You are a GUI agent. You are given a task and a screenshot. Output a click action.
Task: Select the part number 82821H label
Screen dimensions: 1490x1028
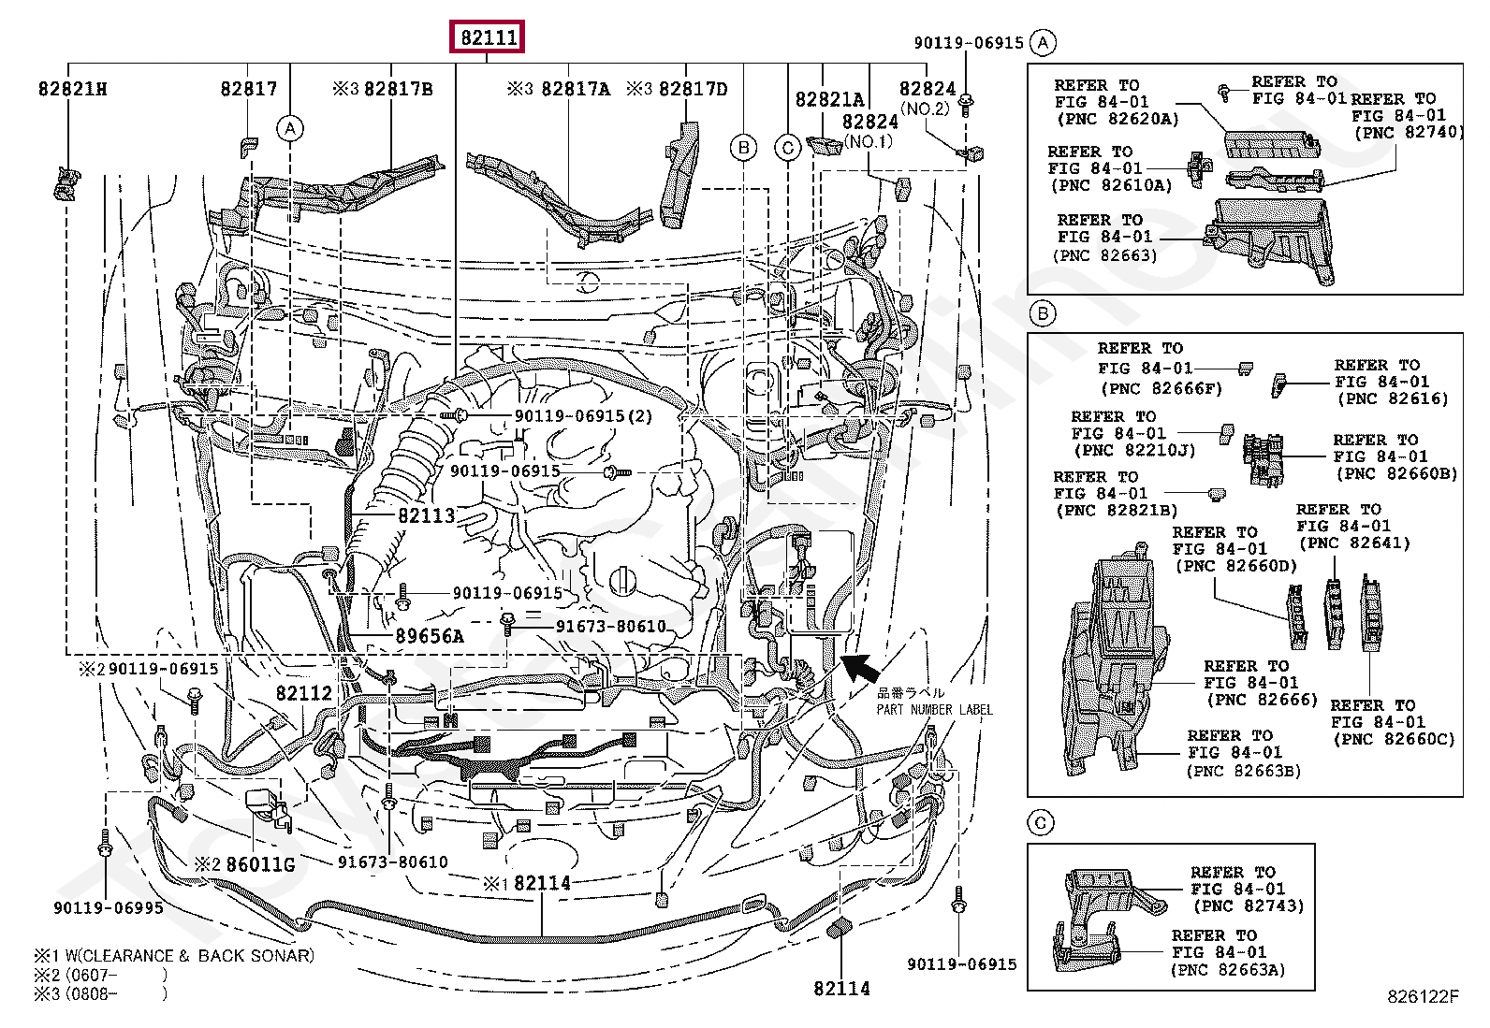(x=72, y=89)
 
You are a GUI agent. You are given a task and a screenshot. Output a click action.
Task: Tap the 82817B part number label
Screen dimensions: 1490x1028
(x=398, y=89)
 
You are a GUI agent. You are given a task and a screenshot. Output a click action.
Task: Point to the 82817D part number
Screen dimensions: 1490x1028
(x=694, y=89)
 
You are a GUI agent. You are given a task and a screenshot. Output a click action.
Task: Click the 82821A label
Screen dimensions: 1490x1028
(x=829, y=100)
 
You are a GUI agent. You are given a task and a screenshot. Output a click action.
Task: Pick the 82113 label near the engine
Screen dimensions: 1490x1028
(x=427, y=515)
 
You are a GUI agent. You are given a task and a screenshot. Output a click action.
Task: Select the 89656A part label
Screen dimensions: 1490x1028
(x=430, y=636)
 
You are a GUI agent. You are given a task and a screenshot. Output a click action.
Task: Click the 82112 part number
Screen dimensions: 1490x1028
(x=304, y=693)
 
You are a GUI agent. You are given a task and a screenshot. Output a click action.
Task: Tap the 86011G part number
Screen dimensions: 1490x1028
(x=260, y=864)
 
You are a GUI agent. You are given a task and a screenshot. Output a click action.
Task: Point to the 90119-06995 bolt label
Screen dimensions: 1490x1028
(x=109, y=907)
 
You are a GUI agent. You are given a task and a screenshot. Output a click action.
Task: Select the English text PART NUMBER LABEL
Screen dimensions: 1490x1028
(x=935, y=709)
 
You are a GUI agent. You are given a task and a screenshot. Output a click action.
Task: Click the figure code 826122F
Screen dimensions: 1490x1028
(x=1423, y=996)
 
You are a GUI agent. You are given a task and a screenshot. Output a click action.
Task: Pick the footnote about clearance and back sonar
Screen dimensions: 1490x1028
(x=174, y=956)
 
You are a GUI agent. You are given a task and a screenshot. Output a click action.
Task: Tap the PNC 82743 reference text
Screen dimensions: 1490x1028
(x=1249, y=905)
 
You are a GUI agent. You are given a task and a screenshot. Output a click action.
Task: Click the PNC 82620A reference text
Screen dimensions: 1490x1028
(x=1117, y=119)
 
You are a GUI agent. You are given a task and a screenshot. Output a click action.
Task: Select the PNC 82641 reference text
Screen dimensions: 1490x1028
(x=1355, y=543)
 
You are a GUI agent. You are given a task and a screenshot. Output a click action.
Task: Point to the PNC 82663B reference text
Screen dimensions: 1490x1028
(x=1244, y=771)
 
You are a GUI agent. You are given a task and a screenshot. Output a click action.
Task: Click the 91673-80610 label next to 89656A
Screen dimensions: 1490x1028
(x=610, y=627)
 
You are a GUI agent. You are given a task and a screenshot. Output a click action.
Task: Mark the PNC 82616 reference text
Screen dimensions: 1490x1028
(x=1393, y=399)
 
